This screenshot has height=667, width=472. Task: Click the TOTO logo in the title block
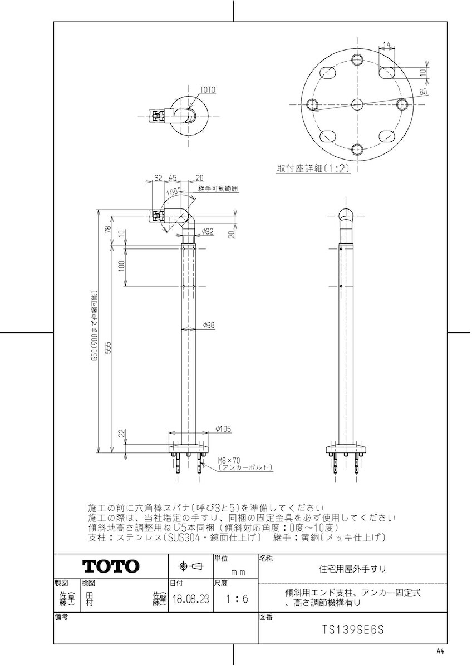coord(111,566)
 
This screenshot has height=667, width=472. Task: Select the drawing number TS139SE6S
coord(353,630)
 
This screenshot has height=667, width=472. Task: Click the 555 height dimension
coord(109,347)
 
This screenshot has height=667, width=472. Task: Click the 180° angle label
coord(173,192)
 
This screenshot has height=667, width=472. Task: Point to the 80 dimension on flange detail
coord(423,92)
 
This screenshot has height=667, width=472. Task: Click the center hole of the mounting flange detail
coord(357,103)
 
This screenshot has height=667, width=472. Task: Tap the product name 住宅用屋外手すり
coord(352,569)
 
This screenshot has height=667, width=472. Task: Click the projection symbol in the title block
coord(190,566)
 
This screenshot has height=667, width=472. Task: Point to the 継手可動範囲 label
coord(218,189)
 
